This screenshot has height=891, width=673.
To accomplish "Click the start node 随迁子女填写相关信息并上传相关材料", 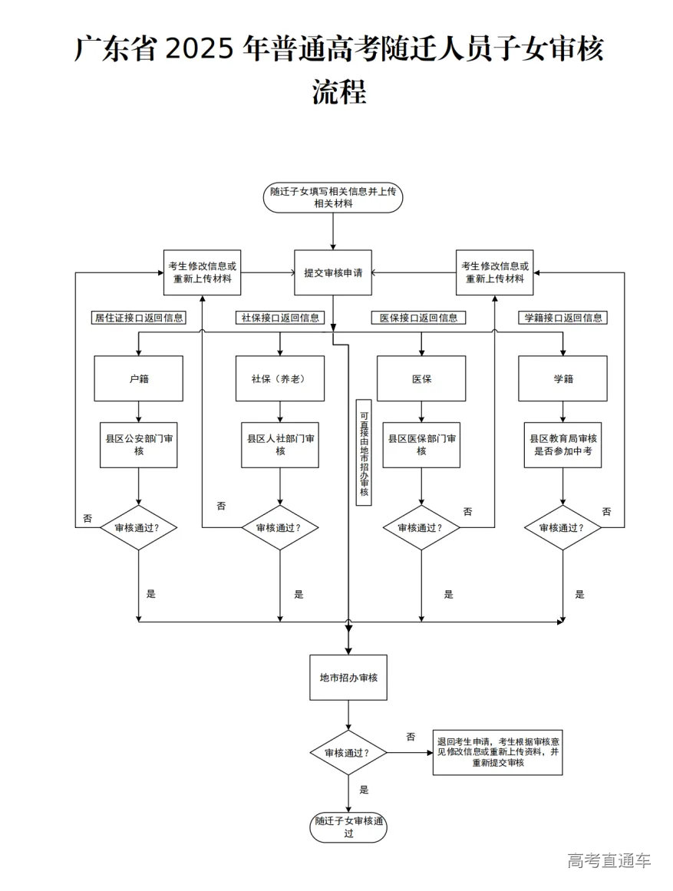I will click(x=333, y=197).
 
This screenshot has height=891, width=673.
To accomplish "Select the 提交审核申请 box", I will click(x=333, y=272).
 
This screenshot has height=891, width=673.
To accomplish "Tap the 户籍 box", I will click(x=138, y=378).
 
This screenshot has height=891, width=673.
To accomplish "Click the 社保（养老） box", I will click(x=279, y=378).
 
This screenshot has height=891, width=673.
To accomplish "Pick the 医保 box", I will click(x=421, y=378).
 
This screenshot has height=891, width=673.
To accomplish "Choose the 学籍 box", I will click(x=562, y=378).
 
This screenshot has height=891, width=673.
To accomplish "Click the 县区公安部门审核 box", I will click(x=138, y=445).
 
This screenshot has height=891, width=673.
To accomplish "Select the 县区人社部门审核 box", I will click(x=279, y=445).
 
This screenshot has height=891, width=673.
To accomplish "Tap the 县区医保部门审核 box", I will click(x=421, y=445).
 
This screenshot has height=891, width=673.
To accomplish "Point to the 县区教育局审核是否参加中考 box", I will click(x=562, y=445).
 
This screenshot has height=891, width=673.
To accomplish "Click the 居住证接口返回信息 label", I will click(x=137, y=317).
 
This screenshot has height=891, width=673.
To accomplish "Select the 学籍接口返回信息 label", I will click(x=562, y=317).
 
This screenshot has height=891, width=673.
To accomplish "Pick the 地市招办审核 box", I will click(x=348, y=678).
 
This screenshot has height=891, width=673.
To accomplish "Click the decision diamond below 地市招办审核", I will click(x=348, y=753).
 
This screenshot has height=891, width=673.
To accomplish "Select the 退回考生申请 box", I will click(x=497, y=752).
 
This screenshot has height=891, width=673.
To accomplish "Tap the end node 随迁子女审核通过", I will click(x=348, y=827).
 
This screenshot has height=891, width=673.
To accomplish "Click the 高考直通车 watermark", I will click(x=609, y=860).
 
